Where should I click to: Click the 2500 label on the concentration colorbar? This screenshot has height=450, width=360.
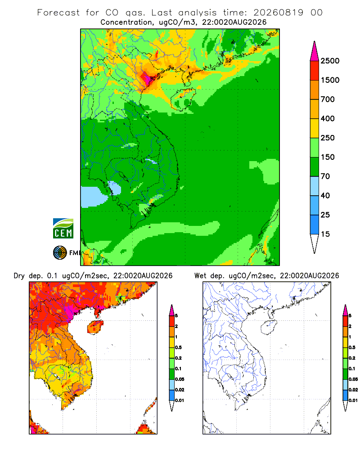click(x=330, y=61)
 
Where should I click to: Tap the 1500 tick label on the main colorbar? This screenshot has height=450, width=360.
click(x=330, y=80)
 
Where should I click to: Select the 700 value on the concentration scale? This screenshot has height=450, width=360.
click(x=328, y=99)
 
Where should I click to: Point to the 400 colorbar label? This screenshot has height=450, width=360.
click(x=328, y=118)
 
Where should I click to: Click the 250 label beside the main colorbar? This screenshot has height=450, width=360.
click(x=328, y=138)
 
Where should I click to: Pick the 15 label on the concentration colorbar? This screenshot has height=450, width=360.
click(x=325, y=234)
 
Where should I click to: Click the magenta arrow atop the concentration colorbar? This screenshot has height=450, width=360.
click(x=315, y=51)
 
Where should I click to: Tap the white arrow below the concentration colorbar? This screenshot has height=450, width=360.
click(x=315, y=243)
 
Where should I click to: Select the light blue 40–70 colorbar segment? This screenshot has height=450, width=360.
click(x=315, y=186)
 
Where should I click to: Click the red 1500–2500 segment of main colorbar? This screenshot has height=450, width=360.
click(x=315, y=71)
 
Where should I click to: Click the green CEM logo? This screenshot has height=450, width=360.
click(x=63, y=229)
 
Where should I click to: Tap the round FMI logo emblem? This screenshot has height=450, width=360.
click(x=60, y=253)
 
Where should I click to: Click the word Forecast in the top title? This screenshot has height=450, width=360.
click(x=58, y=13)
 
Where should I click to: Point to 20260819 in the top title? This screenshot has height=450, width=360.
click(x=278, y=13)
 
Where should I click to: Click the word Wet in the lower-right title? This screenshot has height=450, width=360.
click(x=200, y=276)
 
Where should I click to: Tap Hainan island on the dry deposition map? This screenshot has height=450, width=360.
click(x=95, y=327)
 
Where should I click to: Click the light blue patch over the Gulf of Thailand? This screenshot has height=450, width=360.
click(x=91, y=197)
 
